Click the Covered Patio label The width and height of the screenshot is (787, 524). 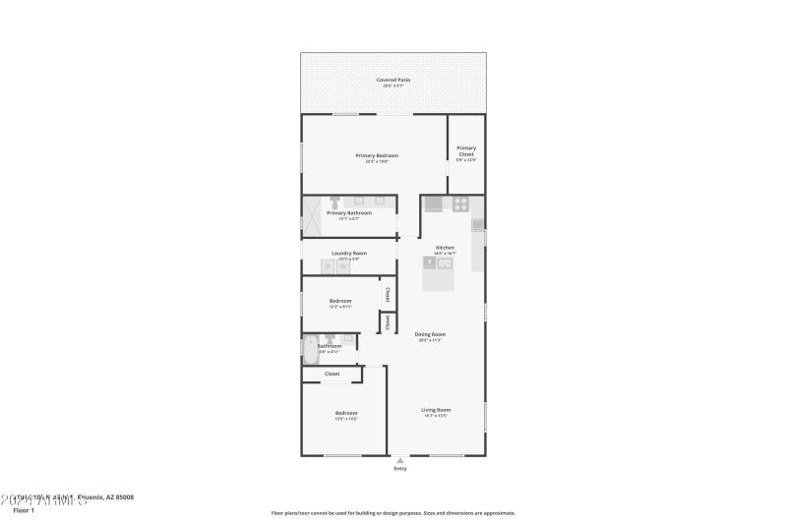(x=393, y=80)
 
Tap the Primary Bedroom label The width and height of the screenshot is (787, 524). (x=377, y=155)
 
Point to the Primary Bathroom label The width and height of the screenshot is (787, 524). (x=349, y=212)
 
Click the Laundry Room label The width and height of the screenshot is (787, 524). (x=349, y=254)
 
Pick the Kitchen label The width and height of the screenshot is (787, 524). (x=445, y=247)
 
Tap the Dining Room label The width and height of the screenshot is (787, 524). (x=430, y=334)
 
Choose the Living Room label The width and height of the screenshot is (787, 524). (x=436, y=409)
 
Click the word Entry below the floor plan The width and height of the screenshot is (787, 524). (x=400, y=469)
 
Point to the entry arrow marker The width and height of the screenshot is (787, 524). (x=399, y=459)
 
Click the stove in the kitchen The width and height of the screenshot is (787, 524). (x=458, y=204)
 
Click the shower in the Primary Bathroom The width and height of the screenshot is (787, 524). (x=312, y=215)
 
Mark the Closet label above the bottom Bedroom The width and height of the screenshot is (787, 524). (x=333, y=374)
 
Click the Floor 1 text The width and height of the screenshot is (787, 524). (x=24, y=510)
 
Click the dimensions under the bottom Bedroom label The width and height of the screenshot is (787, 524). (x=346, y=420)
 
